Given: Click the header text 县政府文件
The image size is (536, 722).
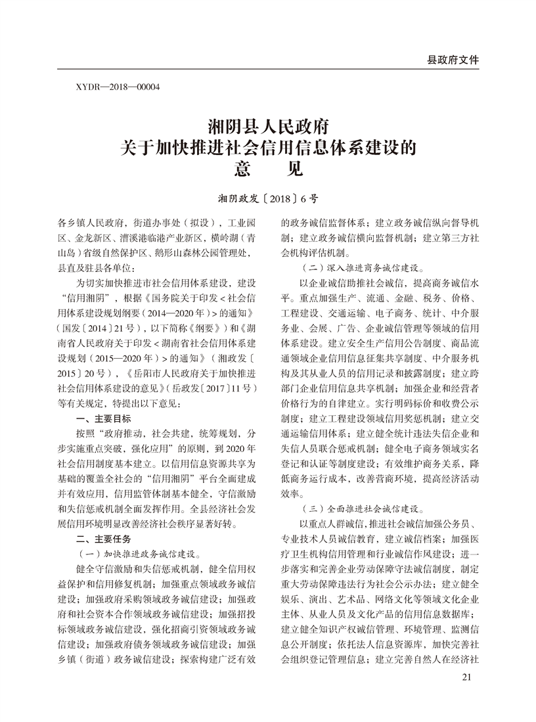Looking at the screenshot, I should pos(453,59).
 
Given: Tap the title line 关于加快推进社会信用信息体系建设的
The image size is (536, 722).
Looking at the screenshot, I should pos(267,146).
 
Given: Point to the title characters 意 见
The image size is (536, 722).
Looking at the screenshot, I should pos(267,169).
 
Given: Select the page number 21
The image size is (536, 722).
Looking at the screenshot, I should pos(467,677).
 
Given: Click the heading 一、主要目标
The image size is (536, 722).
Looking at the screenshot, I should pos(104,418).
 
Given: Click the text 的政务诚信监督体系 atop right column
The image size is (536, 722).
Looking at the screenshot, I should pos(326,222).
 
